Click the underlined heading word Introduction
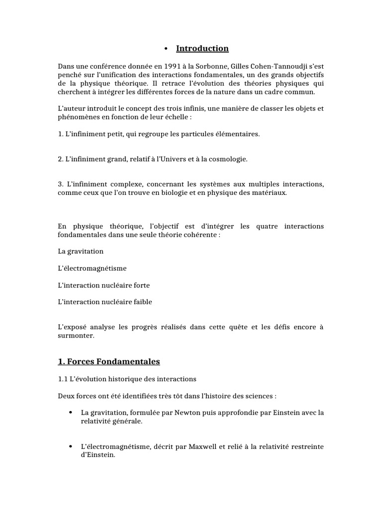click(202, 49)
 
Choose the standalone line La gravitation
click(81, 252)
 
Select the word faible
click(142, 302)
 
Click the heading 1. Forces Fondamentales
click(109, 361)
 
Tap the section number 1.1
click(63, 379)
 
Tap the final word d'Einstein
click(97, 454)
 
